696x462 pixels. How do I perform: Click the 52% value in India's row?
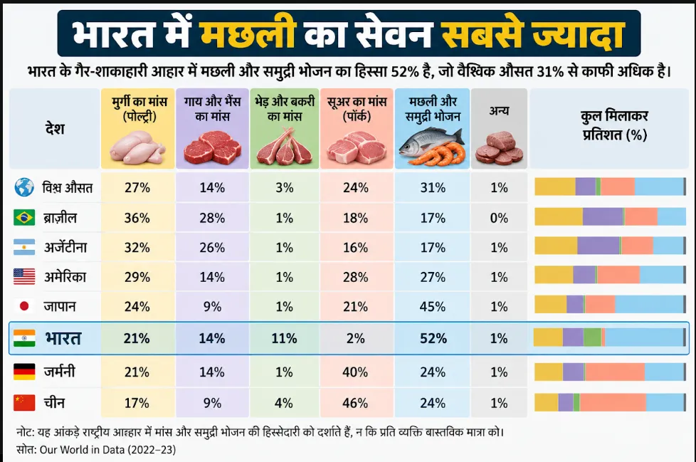[433, 339]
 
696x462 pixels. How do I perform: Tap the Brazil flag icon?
[24, 218]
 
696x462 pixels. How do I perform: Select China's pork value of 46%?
[356, 403]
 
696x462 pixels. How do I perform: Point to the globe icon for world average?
[24, 188]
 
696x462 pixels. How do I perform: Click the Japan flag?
[24, 306]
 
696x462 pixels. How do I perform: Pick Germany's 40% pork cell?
[355, 372]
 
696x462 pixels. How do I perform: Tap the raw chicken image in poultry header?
[137, 147]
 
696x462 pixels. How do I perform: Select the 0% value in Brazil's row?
[499, 218]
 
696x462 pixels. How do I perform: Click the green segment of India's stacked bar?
[593, 337]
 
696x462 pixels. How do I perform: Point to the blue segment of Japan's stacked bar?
[650, 305]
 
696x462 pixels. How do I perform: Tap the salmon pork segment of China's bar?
[613, 402]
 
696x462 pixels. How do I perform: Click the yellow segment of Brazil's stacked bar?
[559, 216]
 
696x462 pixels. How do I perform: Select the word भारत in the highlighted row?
[63, 339]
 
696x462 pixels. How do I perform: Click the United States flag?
[24, 276]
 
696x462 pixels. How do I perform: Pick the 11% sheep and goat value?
[284, 339]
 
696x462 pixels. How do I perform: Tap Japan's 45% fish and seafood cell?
[433, 307]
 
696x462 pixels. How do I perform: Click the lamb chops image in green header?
[285, 147]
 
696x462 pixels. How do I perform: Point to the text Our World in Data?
[82, 450]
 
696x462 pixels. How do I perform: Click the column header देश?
[55, 129]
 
